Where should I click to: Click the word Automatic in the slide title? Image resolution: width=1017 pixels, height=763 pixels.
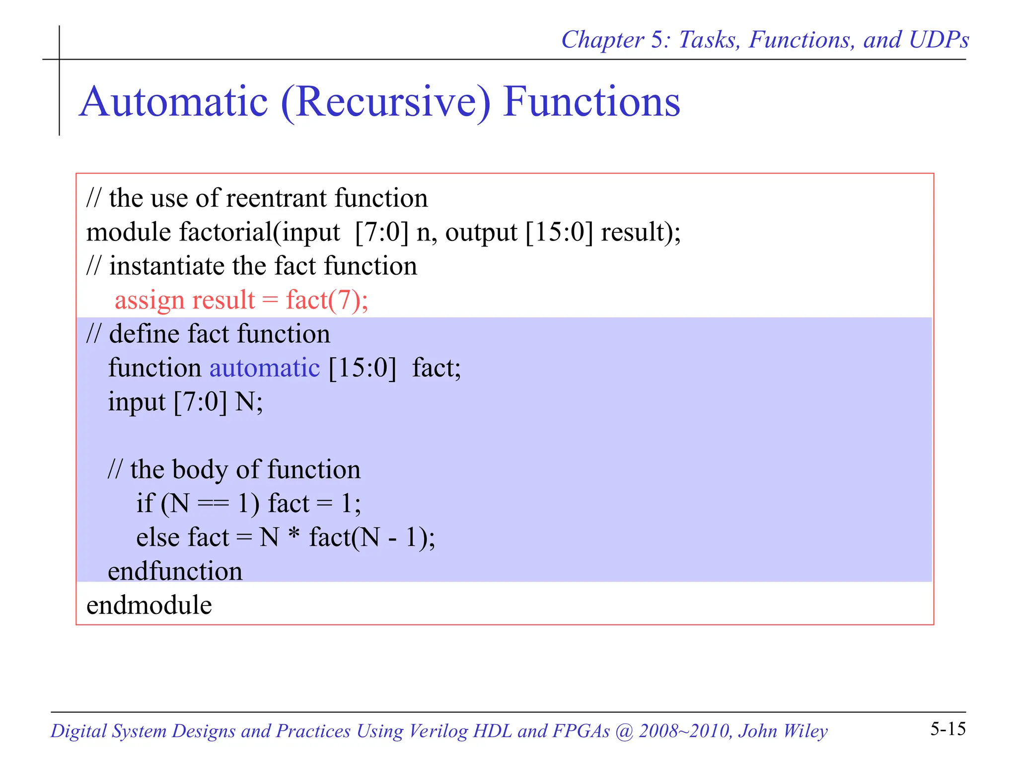(174, 102)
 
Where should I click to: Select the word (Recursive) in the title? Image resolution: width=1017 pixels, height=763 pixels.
(385, 103)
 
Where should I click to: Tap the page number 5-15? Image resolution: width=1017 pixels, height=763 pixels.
(947, 729)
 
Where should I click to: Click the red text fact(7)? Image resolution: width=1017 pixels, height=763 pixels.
(327, 300)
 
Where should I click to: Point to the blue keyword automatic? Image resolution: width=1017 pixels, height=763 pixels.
(264, 368)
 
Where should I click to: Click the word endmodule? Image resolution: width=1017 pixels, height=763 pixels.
(149, 605)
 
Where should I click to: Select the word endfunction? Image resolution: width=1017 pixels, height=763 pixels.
(175, 571)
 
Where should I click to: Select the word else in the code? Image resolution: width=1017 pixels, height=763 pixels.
(158, 537)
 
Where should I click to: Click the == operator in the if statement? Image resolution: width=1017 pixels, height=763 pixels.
(214, 504)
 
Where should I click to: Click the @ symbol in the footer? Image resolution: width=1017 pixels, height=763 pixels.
(624, 731)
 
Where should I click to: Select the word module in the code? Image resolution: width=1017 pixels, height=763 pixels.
(128, 232)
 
